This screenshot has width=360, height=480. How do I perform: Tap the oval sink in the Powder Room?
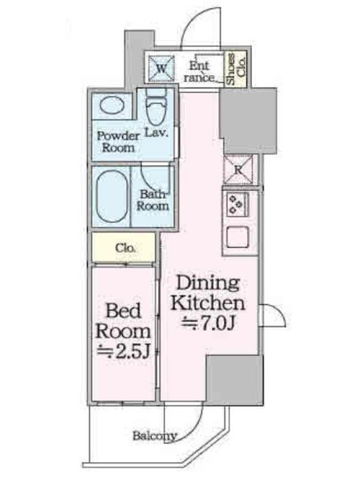pos(112,105)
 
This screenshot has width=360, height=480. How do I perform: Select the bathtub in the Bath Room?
pos(112,196)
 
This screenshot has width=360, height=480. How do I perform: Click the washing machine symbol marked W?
pos(161,69)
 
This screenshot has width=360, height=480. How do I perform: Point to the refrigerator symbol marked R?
pos(238,170)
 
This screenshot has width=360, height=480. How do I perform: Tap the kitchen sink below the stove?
pos(237,237)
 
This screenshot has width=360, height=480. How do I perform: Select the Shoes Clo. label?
pos(236,68)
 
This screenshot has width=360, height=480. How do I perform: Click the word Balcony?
pos(155,436)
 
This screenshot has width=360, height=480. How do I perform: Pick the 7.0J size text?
pos(208,323)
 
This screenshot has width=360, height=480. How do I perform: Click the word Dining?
pos(208,283)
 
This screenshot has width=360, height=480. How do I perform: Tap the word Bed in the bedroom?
pos(123,311)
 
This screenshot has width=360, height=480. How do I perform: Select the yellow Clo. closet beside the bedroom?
pos(124,247)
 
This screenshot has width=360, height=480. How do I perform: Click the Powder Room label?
pos(118,142)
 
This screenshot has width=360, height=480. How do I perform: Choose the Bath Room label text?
pos(152,200)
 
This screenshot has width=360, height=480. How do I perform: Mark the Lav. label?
pos(156,133)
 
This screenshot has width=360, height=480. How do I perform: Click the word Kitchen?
pos(208,303)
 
